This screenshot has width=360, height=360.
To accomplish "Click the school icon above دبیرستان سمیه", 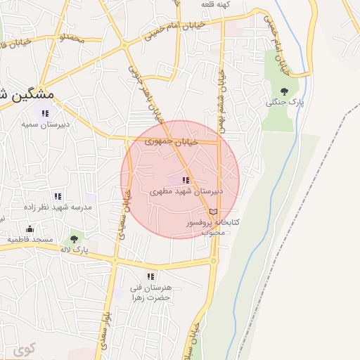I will click(45, 113).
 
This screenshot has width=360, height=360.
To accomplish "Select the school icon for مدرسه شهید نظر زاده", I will click(58, 196).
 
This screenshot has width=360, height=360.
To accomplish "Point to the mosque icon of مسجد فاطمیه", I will click(30, 229).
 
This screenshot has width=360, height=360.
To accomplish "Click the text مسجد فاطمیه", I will click(30, 239).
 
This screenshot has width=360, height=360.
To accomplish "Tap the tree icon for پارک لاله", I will click(74, 239).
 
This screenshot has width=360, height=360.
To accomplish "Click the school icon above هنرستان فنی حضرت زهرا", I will click(150, 277).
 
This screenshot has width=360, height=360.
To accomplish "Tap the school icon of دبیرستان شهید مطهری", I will click(186, 181).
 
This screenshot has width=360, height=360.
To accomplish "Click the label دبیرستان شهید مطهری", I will click(186, 191).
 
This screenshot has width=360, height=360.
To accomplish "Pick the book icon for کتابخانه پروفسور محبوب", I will click(213, 211).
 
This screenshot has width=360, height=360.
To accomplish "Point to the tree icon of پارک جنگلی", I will click(284, 91).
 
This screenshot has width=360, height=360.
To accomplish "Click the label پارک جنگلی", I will click(284, 102).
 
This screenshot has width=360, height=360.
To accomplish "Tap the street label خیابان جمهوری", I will click(172, 141).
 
